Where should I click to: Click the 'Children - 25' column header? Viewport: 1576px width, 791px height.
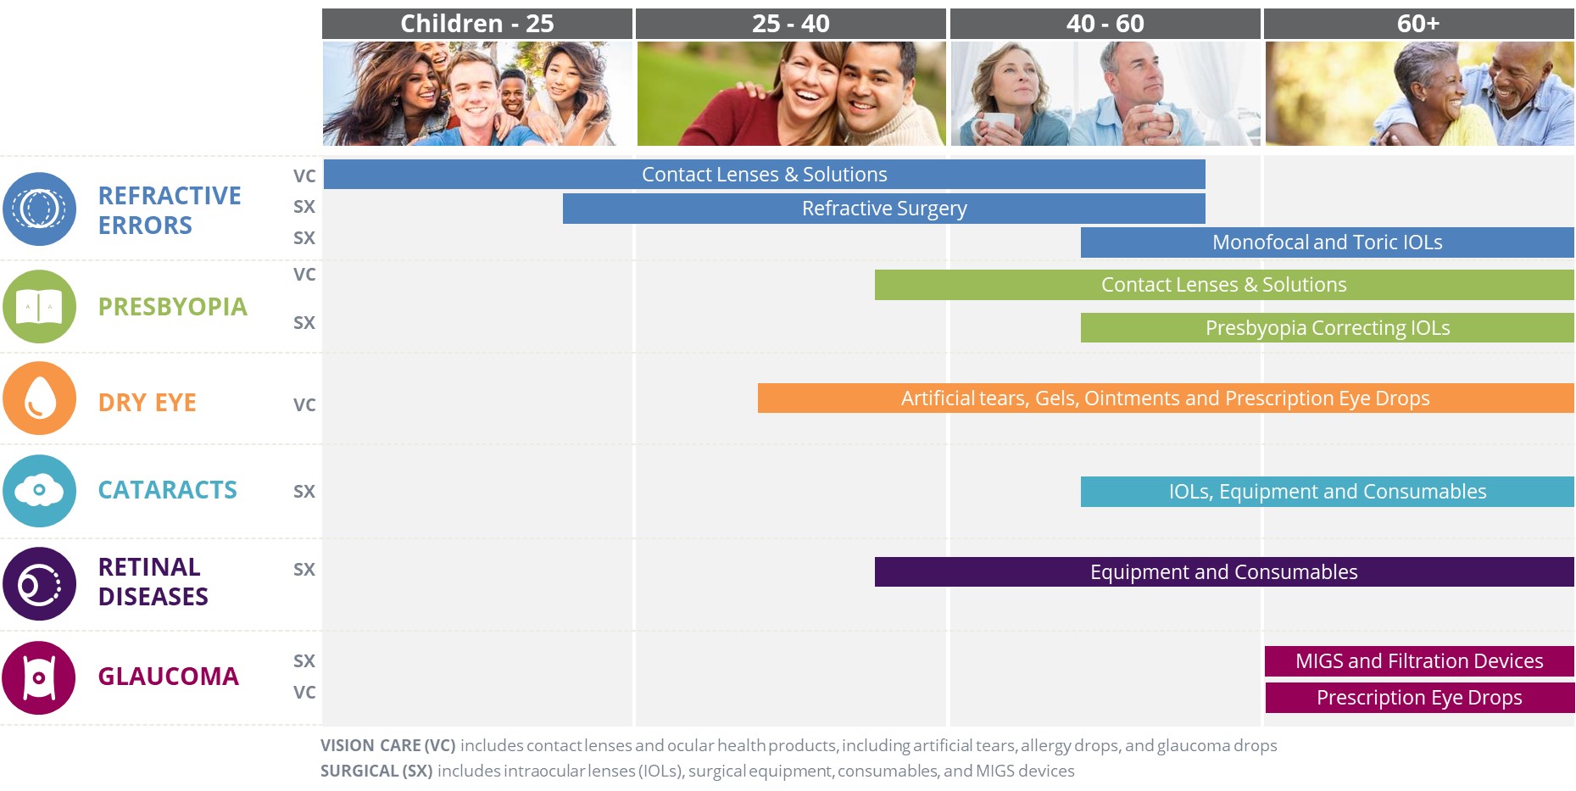click(476, 24)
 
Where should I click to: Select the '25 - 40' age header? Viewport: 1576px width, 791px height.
click(790, 24)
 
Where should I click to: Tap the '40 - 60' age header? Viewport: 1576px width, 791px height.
click(1105, 24)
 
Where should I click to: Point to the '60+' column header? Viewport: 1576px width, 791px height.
click(1418, 24)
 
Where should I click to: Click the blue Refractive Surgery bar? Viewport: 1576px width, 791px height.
click(883, 209)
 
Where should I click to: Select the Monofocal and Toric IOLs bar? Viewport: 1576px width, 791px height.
click(1327, 242)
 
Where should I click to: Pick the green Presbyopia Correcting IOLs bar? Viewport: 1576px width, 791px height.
click(1327, 328)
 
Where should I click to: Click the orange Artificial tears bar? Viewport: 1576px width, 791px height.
click(1165, 398)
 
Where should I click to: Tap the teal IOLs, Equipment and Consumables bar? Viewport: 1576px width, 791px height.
click(1327, 492)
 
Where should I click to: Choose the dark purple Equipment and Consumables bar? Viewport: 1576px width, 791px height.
click(1223, 572)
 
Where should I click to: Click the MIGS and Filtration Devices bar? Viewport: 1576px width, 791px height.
click(1418, 661)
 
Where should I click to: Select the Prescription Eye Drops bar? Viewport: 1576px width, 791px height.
click(1418, 698)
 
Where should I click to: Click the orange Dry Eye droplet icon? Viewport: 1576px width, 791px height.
click(39, 398)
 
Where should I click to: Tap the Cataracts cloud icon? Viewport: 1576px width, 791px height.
click(39, 491)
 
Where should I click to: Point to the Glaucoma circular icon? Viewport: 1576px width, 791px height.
click(39, 677)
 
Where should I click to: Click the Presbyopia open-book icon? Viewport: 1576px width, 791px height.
click(39, 306)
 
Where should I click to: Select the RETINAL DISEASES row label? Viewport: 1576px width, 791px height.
click(153, 582)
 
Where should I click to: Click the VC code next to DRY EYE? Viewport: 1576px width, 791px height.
click(304, 405)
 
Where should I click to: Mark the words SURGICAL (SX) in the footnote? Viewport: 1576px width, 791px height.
click(376, 772)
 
